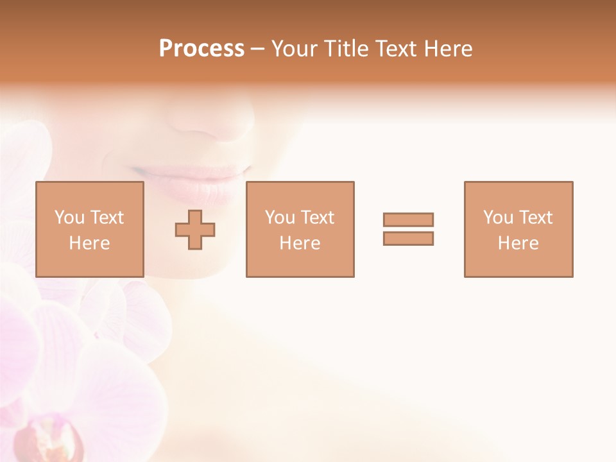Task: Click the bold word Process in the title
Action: (x=201, y=49)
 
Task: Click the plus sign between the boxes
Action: (x=195, y=230)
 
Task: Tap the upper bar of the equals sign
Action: (x=408, y=219)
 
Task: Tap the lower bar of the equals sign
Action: (x=408, y=238)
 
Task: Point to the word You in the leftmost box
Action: (x=69, y=218)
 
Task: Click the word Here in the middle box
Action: (x=300, y=243)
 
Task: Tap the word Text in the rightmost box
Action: (x=535, y=218)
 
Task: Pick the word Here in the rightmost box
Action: (x=518, y=243)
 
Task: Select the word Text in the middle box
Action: (x=317, y=218)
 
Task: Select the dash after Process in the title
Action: (x=257, y=49)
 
